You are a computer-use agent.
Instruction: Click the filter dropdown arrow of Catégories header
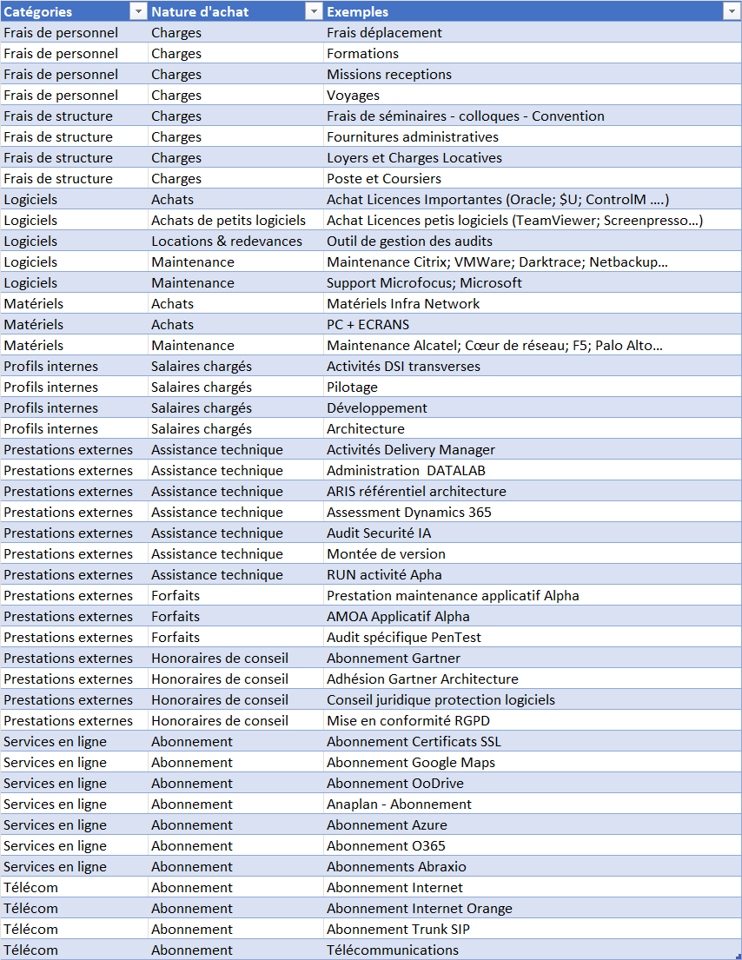137,11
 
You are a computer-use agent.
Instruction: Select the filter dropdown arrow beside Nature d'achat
314,11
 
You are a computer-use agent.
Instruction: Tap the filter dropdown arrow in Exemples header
731,11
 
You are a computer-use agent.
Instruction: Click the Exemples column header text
358,12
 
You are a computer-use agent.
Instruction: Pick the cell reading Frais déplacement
384,33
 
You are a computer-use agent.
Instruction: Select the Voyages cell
353,96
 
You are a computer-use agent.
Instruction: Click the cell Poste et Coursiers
383,179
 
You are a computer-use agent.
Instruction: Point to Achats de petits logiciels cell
229,221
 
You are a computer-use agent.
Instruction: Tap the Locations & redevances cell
227,242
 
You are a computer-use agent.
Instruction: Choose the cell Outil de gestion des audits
409,242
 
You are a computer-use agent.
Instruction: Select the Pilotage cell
352,387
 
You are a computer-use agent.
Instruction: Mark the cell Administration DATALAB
406,471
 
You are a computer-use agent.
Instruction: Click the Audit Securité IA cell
379,533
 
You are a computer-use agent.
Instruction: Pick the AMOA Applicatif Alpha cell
398,617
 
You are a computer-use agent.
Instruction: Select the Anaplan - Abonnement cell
399,804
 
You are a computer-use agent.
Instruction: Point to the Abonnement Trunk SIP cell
399,930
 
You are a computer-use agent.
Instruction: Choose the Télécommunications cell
392,950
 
